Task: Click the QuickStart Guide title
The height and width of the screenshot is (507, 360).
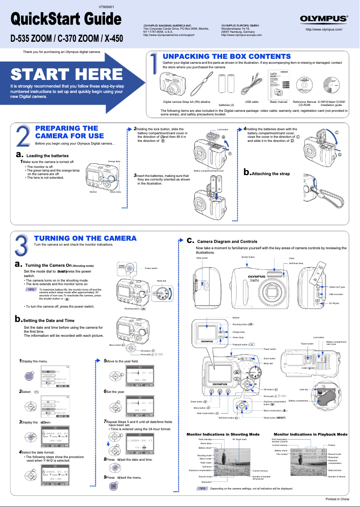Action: [66, 19]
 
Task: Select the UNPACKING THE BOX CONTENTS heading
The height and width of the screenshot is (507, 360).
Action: [226, 56]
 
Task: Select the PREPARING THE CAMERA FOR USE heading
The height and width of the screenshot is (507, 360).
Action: [69, 132]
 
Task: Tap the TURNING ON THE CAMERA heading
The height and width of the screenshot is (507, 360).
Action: [85, 238]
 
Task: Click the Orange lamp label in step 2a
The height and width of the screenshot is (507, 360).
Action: [114, 161]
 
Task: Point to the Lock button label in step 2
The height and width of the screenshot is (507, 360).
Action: [223, 130]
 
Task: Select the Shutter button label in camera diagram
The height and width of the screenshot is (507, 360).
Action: [248, 257]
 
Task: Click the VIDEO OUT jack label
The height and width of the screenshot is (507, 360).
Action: [337, 287]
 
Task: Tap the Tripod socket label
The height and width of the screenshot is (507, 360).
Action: [307, 343]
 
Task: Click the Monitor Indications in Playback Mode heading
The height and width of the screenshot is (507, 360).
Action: [310, 434]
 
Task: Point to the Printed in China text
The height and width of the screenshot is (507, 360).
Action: [337, 499]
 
